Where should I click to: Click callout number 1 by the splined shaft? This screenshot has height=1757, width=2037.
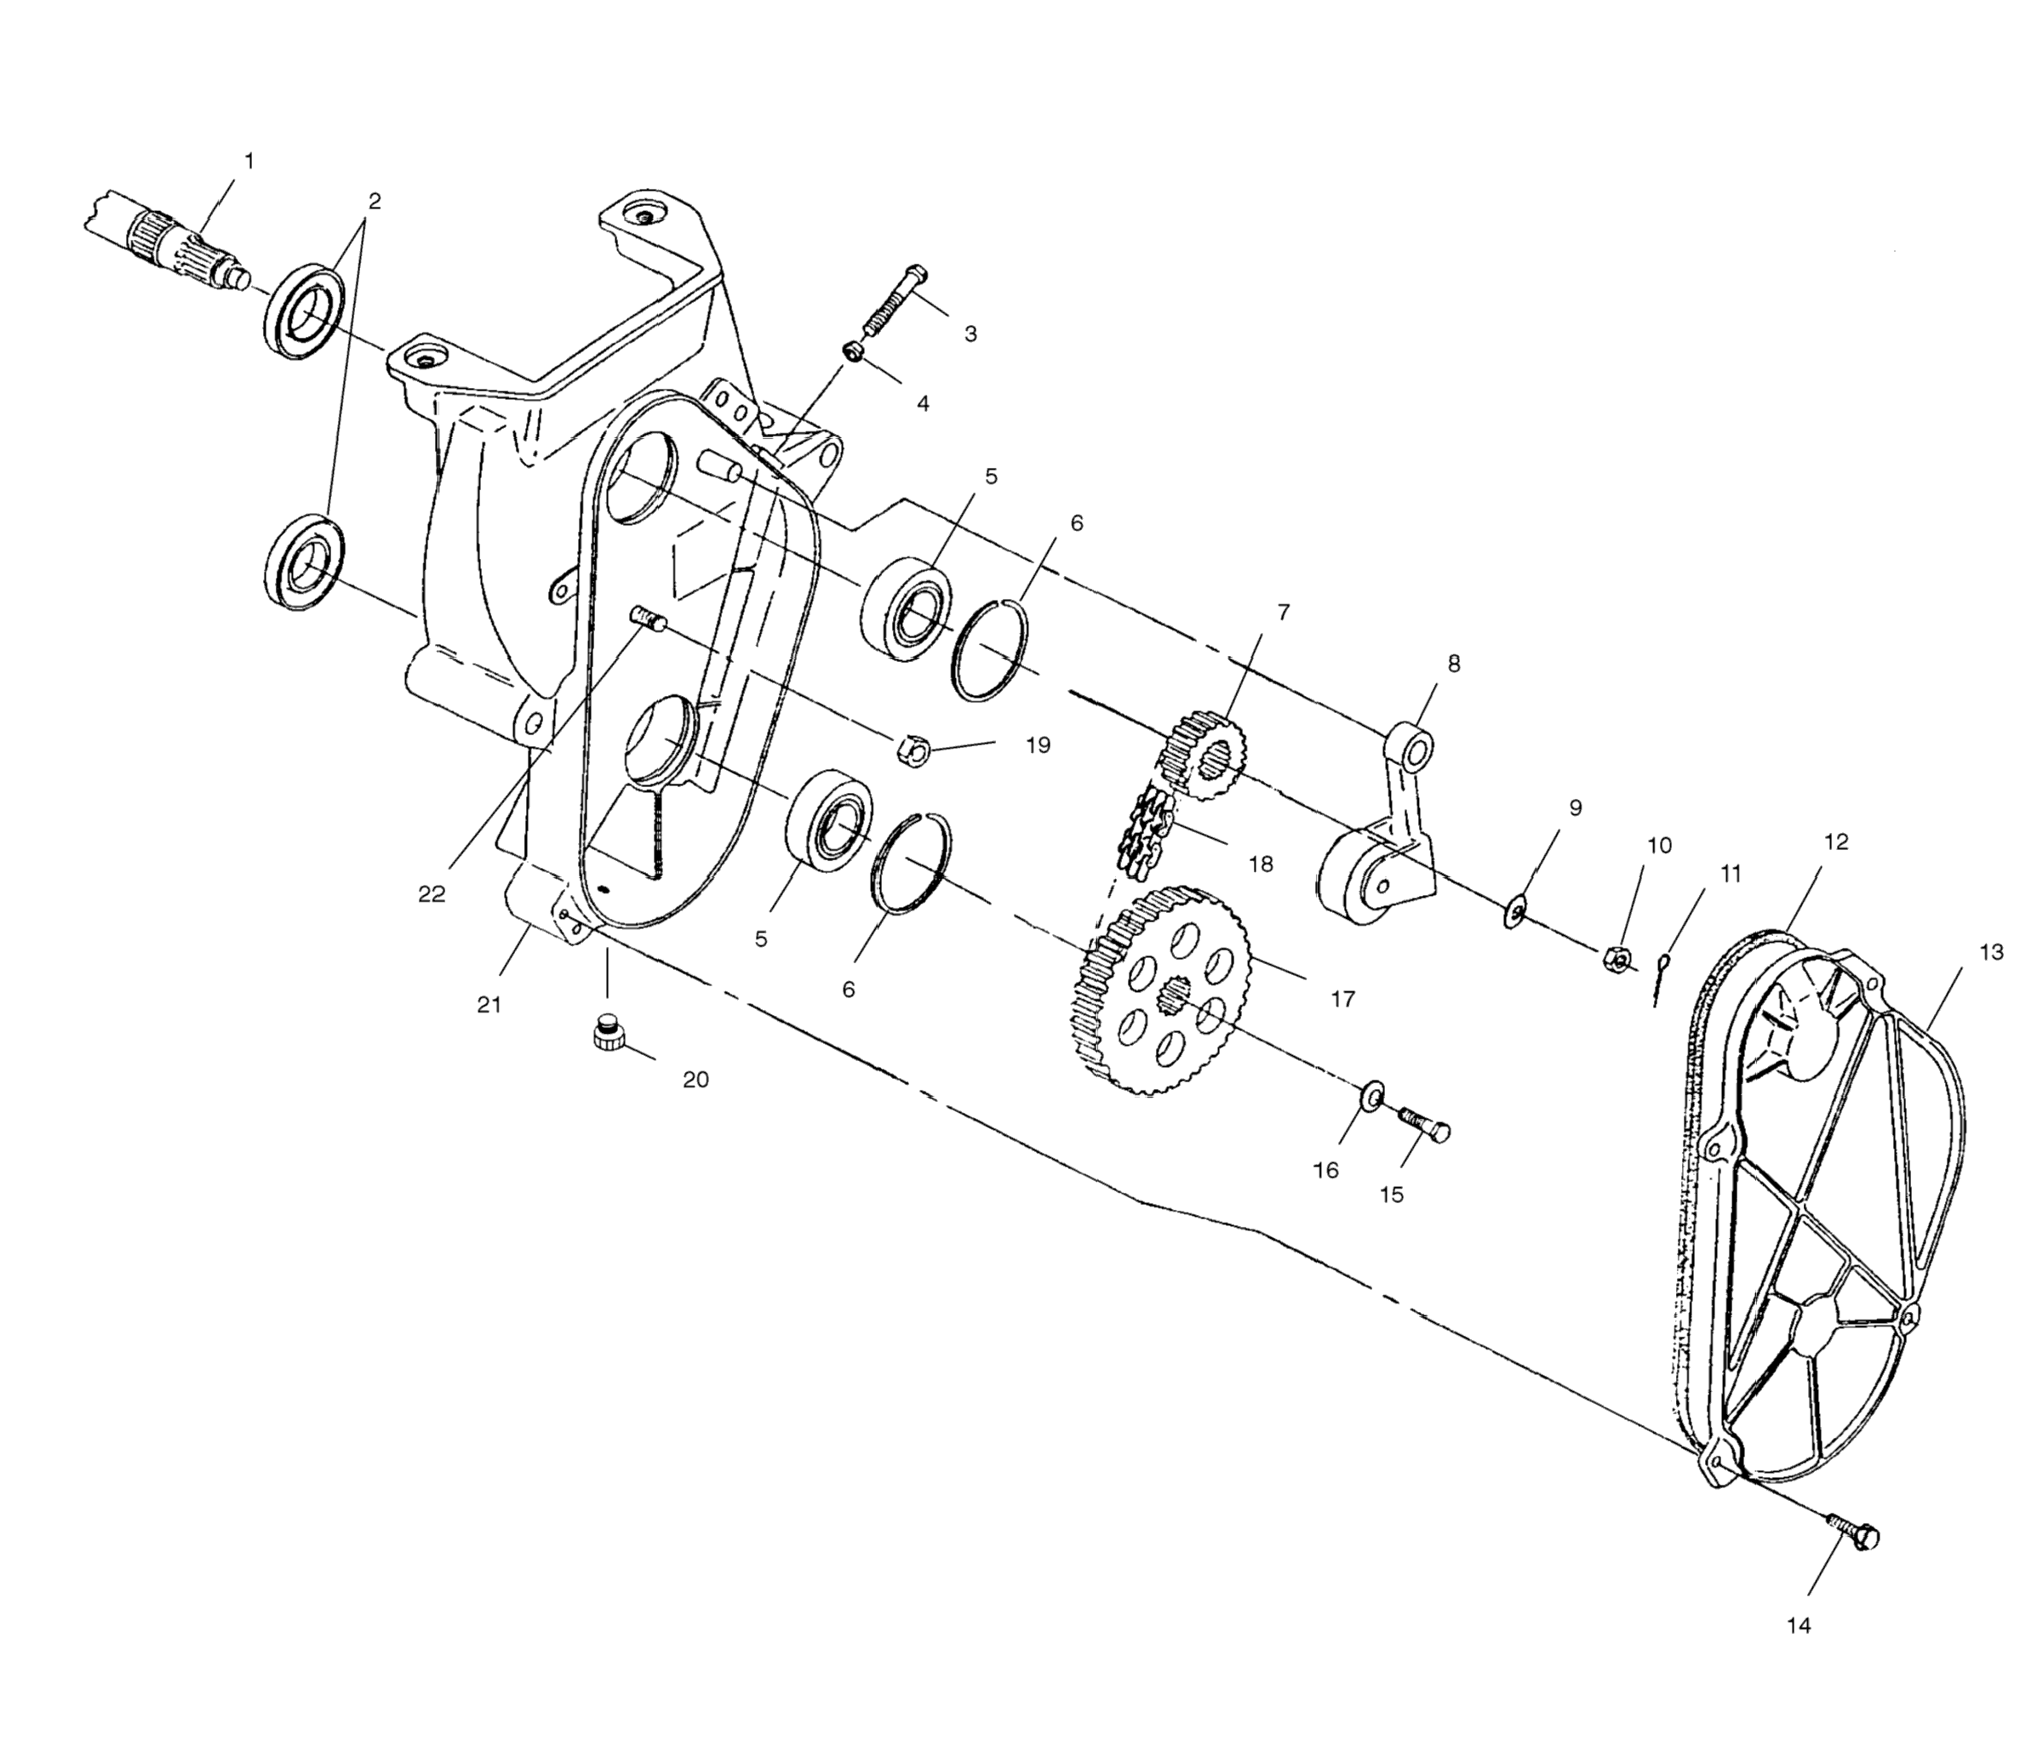(249, 160)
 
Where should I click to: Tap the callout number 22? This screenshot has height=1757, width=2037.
(432, 893)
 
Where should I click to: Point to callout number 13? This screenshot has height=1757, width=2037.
(1991, 952)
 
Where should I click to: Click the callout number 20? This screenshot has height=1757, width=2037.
(695, 1079)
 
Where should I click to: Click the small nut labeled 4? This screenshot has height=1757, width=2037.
(855, 351)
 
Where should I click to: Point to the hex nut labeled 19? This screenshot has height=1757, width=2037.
(913, 750)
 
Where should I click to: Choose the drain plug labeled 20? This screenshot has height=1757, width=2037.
(610, 1034)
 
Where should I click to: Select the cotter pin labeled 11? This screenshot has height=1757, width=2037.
(1661, 978)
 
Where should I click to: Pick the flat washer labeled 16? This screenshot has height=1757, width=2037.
(1372, 1095)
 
